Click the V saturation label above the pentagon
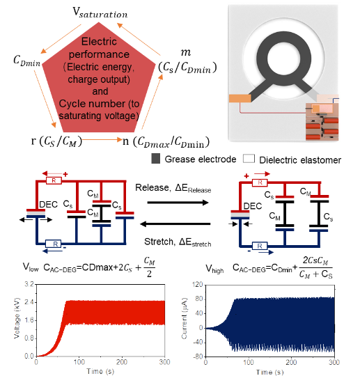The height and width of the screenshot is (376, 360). [100, 13]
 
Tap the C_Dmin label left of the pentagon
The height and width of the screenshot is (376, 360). [27, 61]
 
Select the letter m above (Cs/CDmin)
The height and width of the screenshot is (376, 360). [186, 52]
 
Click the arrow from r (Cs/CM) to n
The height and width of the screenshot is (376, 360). [102, 139]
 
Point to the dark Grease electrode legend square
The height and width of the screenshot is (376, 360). [156, 159]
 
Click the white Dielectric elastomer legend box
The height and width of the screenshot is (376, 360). [249, 159]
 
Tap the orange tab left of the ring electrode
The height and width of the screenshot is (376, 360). [240, 99]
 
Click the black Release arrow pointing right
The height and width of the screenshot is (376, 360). [178, 203]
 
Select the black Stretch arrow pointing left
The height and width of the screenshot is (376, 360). [175, 224]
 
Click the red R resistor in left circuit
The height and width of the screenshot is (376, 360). [54, 180]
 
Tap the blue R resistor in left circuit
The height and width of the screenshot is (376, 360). [53, 244]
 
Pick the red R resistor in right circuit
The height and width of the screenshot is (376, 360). [260, 182]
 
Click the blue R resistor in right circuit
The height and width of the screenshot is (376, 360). [260, 246]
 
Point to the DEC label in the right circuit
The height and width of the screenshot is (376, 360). [253, 206]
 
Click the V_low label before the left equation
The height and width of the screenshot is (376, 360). [31, 267]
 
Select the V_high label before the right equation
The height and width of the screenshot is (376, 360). [214, 269]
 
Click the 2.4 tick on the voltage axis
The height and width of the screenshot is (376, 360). [29, 302]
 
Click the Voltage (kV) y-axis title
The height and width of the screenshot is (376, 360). [17, 318]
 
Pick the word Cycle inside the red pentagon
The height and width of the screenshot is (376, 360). [70, 104]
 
